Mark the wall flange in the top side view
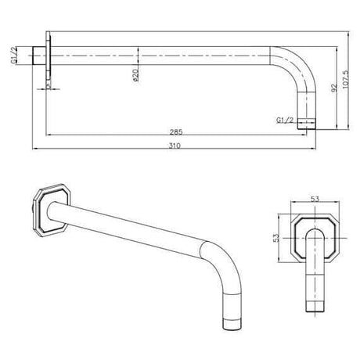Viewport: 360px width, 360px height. pyautogui.click(x=52, y=60)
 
